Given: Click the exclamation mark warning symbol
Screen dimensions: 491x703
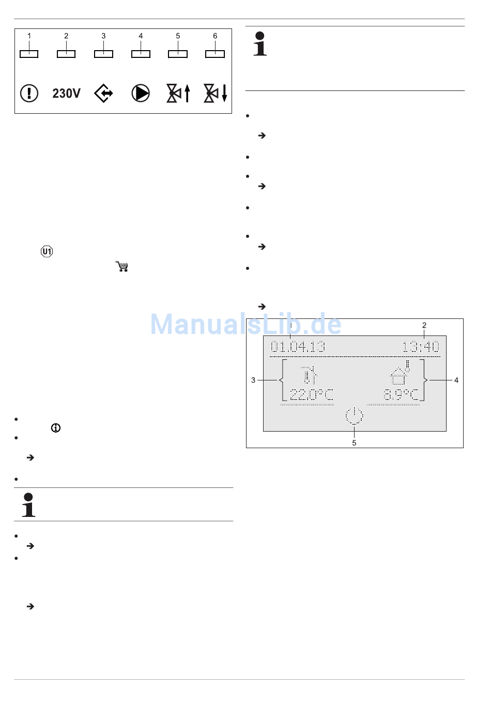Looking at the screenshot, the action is point(29,93).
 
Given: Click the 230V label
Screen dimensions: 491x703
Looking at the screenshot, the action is point(66,93).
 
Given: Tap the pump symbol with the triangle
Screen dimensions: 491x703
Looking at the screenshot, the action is point(141,93).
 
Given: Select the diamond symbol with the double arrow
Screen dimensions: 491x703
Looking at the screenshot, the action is point(103,93).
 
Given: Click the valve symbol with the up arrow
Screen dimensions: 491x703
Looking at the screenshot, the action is point(178,93).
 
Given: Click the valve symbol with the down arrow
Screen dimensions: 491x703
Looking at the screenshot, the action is point(215,93).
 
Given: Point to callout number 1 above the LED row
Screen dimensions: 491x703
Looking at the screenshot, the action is point(29,36).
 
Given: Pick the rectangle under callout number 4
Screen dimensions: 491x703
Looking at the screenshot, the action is point(141,54).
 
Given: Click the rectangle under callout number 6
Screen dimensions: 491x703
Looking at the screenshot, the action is point(215,54).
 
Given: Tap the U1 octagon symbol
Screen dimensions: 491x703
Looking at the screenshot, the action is point(47,251).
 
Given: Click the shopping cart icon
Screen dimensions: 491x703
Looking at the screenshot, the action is point(122,266).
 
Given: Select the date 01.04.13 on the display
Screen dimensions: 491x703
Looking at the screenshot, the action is point(298,347).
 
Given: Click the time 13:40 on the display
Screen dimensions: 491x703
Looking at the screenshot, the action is point(421,347).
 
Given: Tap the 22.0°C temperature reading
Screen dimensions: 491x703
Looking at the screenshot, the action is point(311,394).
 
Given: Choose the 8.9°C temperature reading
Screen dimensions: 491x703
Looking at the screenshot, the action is point(401,394).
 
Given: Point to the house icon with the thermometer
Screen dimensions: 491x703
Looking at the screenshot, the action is point(400,373).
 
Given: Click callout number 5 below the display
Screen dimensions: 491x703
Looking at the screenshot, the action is point(354,443).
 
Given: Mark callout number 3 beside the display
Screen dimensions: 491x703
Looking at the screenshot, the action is point(253,380).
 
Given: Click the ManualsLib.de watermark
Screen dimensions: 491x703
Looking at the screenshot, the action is point(246,324).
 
